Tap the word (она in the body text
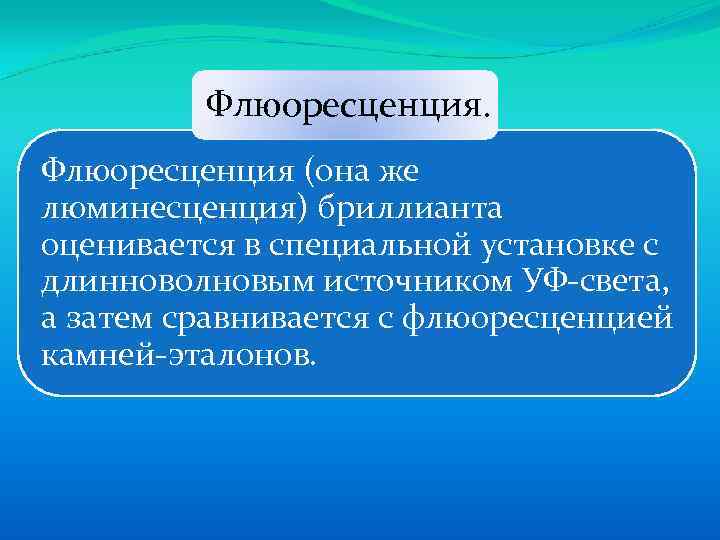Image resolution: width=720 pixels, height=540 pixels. (x=329, y=172)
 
